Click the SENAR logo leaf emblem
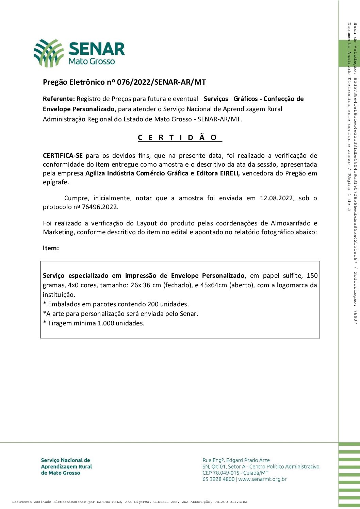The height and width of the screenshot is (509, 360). coord(49,53)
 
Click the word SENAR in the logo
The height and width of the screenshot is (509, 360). coord(97,49)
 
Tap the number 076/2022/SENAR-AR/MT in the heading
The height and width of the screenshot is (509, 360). coord(161,82)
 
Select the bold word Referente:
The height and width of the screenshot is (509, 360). coord(59,99)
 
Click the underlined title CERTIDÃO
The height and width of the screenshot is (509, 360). coord(180,137)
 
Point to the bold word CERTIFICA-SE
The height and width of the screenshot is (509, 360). coord(63,156)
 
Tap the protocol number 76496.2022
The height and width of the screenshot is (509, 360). coord(100,207)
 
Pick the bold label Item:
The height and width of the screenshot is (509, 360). coord(51,248)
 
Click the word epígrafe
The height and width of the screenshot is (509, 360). coord(55,182)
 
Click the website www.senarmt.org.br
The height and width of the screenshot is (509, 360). coord(262,479)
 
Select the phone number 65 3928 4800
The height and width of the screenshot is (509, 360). coord(218,479)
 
